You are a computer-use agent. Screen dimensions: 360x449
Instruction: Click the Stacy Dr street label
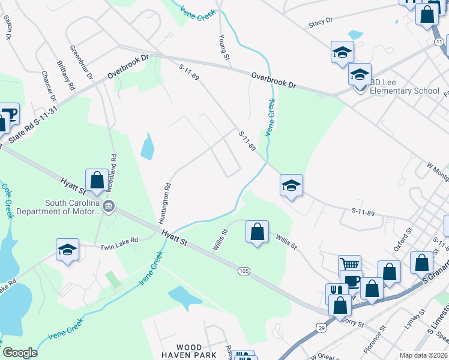tap(321, 22)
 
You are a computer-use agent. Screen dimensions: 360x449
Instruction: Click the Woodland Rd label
tap(113, 171)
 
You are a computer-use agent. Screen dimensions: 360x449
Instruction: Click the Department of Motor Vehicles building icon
tap(109, 208)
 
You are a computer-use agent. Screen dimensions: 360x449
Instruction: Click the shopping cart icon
tap(349, 264)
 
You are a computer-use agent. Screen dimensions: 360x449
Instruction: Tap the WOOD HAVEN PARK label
tap(197, 351)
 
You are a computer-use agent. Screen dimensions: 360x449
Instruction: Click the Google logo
tap(20, 353)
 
